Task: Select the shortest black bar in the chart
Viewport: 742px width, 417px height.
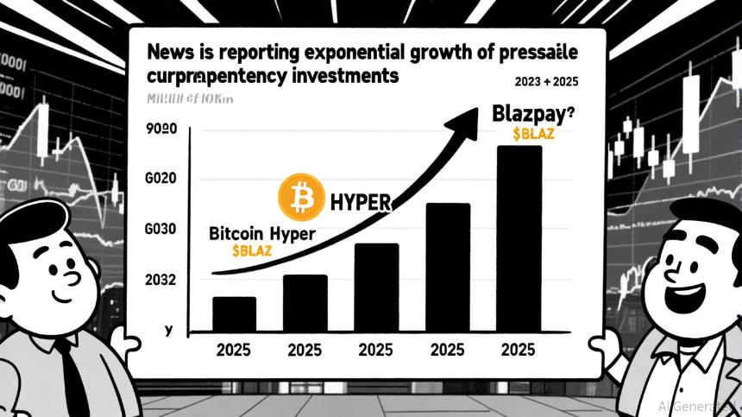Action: click(234, 314)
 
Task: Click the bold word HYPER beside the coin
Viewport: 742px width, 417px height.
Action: click(361, 203)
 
